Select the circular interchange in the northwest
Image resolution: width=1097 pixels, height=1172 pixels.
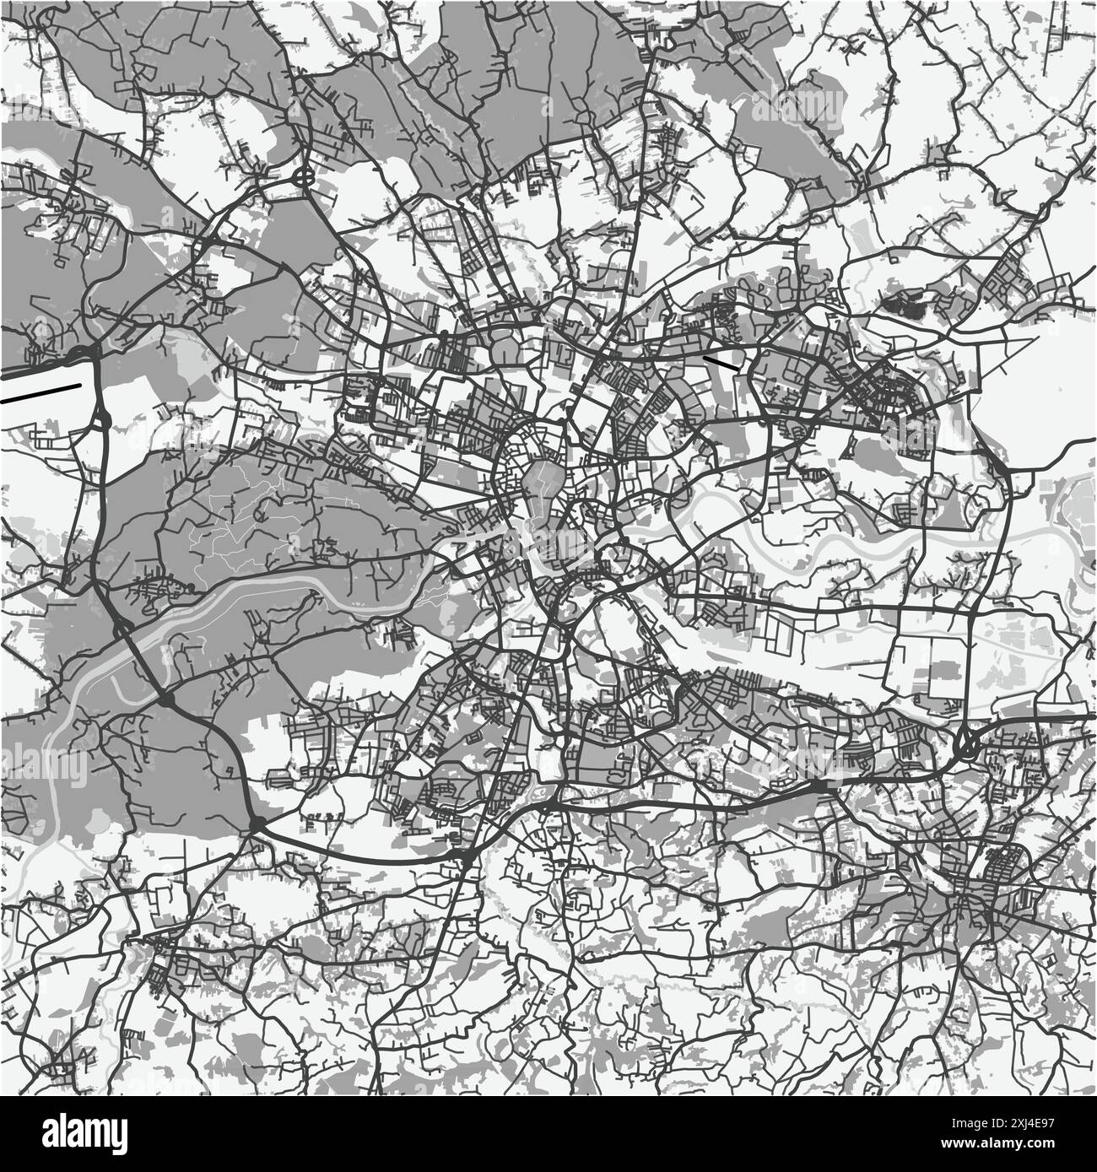(x=303, y=178)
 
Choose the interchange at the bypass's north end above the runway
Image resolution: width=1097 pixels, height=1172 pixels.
(x=84, y=350)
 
